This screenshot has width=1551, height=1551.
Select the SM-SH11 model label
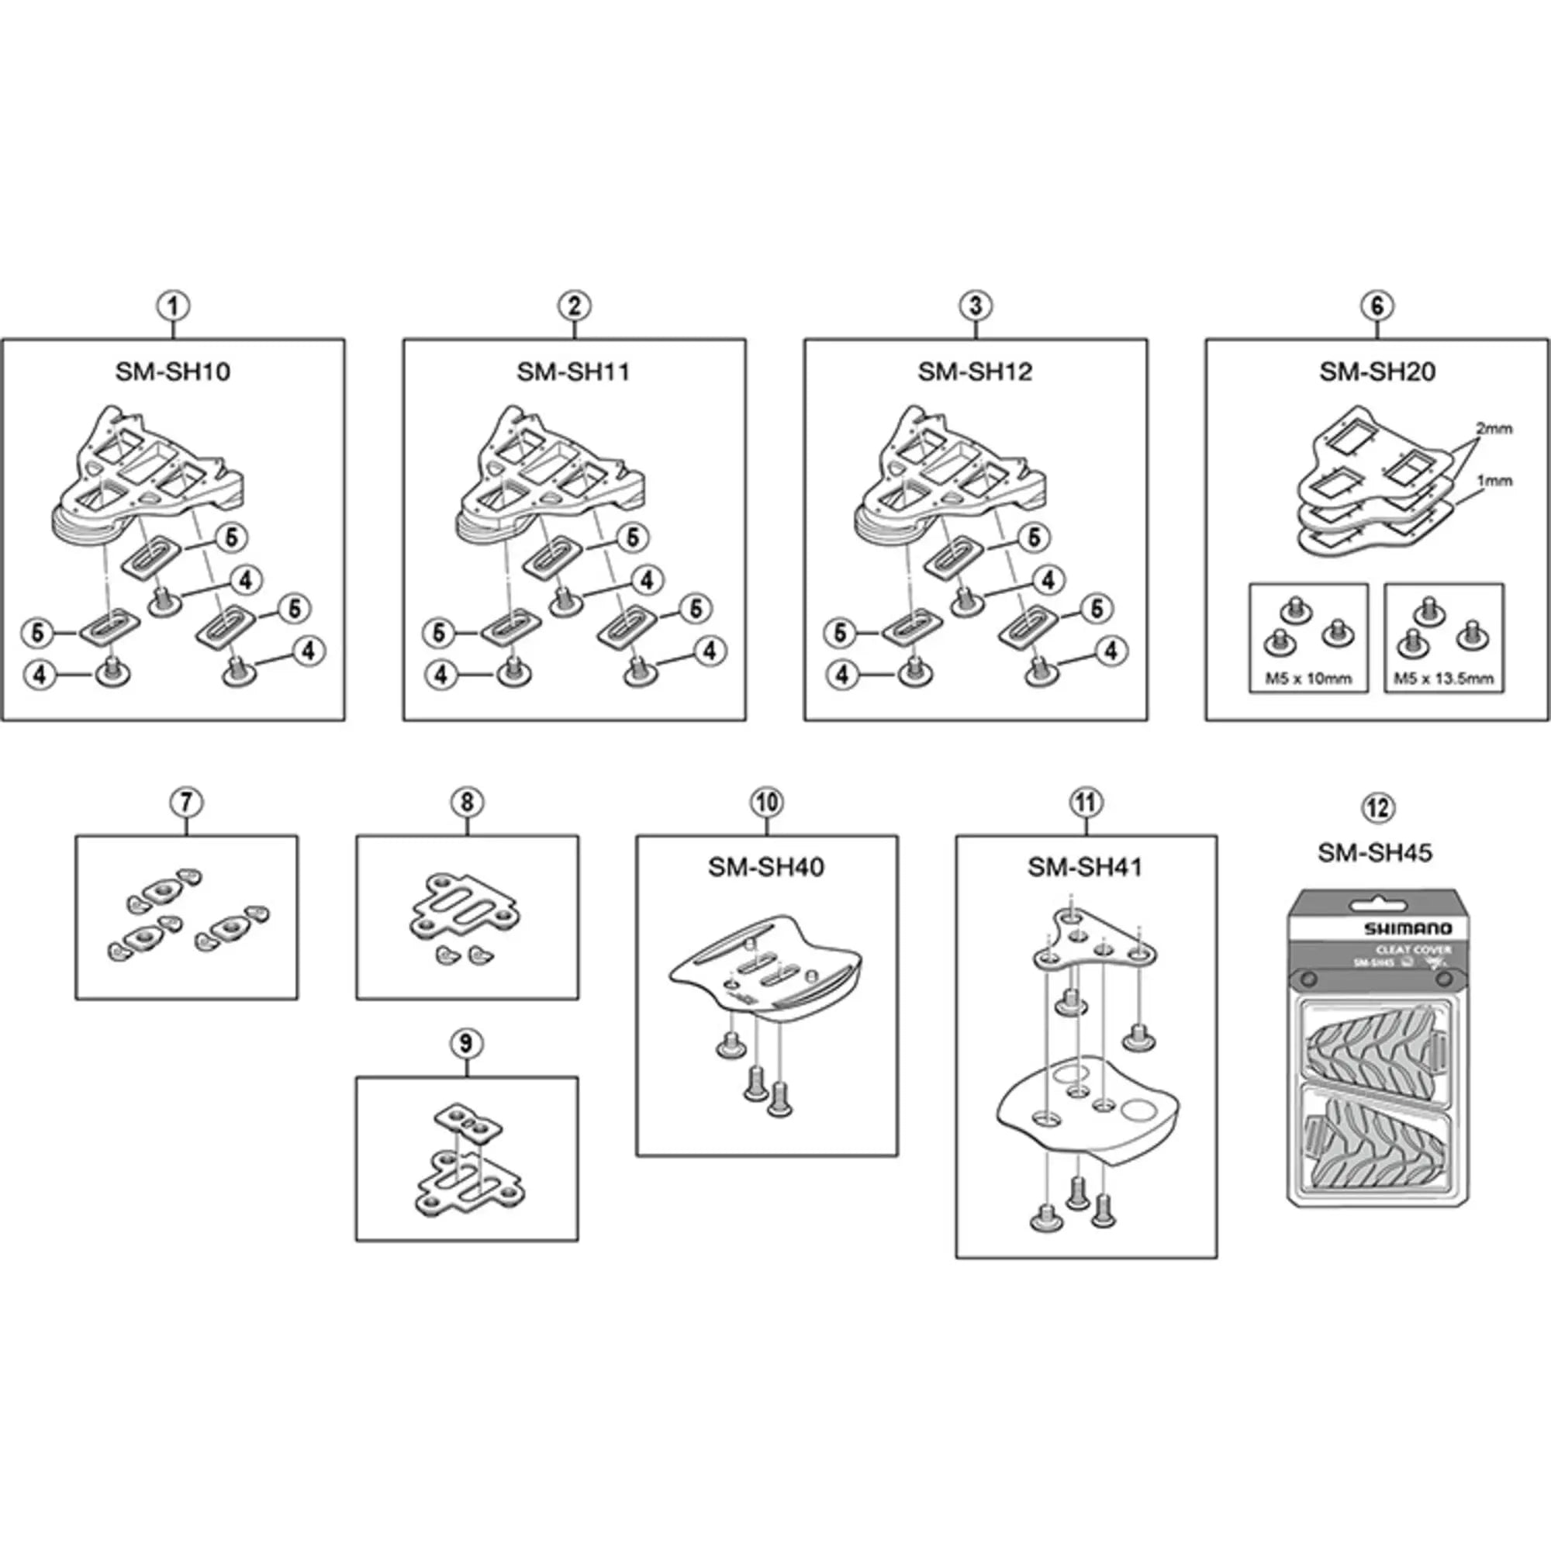coord(573,371)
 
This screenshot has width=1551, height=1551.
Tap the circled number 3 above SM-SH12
coord(976,306)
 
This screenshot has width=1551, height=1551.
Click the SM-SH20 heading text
coord(1377,371)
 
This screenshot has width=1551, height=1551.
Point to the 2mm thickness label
coord(1493,429)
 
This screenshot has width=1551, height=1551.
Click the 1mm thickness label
coord(1494,481)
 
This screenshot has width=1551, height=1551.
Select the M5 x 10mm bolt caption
coord(1308,679)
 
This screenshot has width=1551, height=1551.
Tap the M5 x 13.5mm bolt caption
coord(1443,679)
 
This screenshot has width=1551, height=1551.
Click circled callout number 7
coord(186,802)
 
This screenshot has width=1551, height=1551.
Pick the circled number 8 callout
coord(467,802)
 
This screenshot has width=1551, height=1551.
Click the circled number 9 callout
coord(466,1044)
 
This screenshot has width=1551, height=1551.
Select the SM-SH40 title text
coord(766,867)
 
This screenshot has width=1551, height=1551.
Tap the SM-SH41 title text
coord(1085,867)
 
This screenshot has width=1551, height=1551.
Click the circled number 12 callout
coord(1378,807)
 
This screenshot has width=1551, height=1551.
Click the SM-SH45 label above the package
coord(1374,852)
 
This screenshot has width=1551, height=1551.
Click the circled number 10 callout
coord(766,802)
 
